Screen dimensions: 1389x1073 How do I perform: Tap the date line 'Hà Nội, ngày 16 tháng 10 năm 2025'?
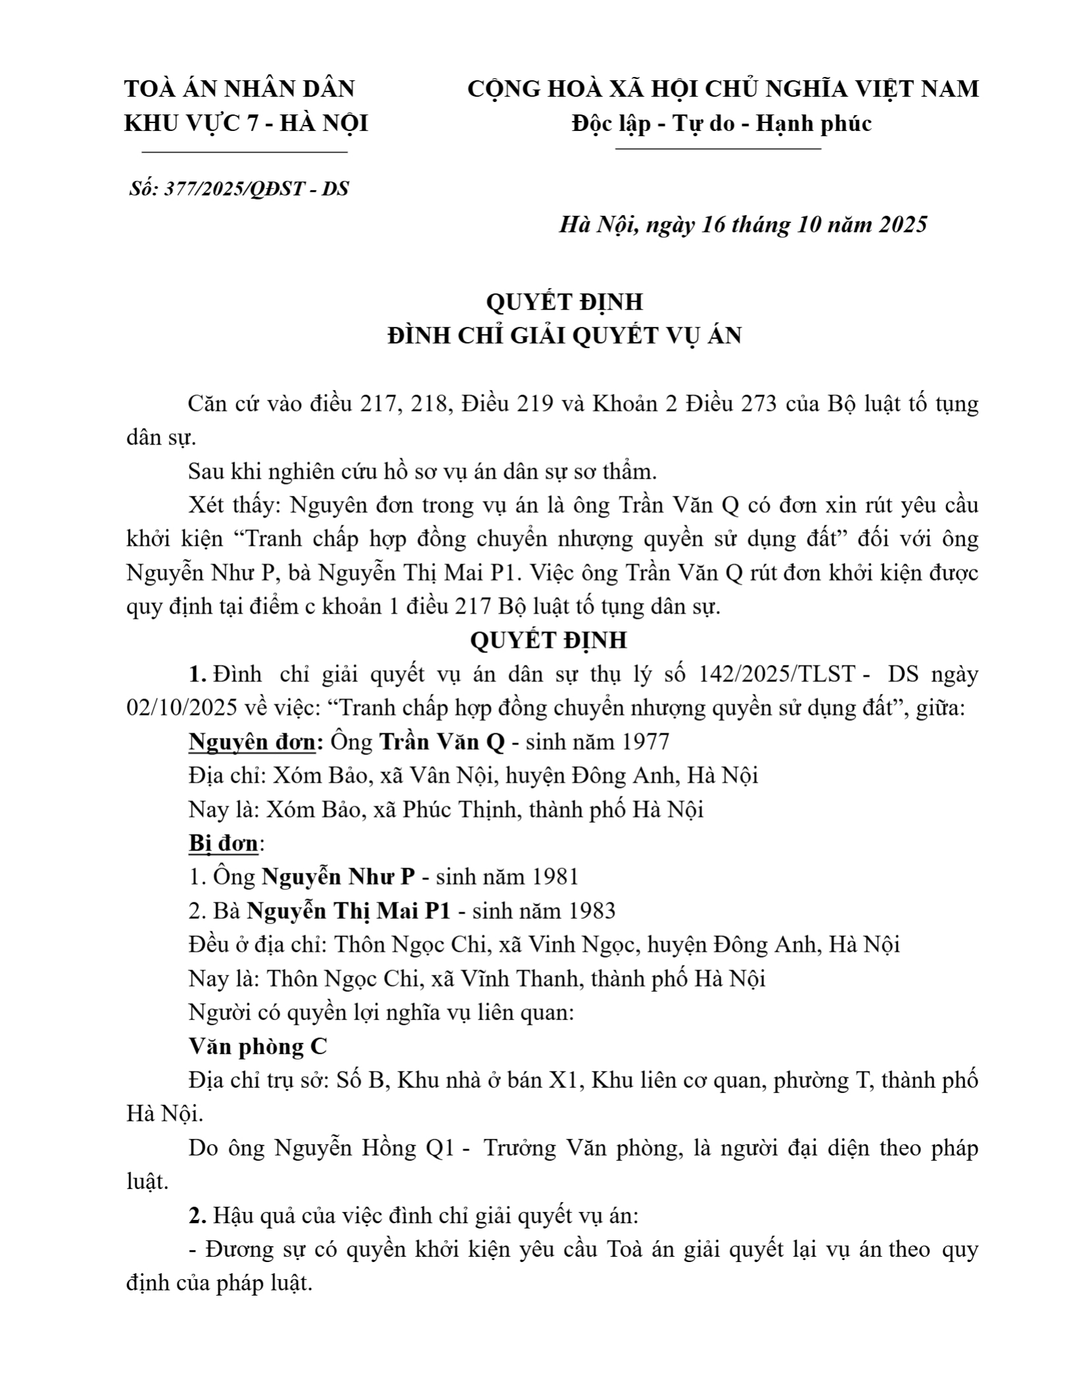(743, 224)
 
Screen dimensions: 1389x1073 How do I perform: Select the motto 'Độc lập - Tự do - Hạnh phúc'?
(721, 123)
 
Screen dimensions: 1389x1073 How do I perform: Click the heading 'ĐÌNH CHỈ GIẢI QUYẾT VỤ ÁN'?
(564, 335)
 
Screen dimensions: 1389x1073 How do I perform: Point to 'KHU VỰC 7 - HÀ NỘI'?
(246, 123)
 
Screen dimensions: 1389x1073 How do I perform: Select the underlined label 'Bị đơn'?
(223, 843)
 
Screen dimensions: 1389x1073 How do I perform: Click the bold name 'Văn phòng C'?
(258, 1046)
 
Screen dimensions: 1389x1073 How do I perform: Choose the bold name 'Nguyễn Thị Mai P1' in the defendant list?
(348, 911)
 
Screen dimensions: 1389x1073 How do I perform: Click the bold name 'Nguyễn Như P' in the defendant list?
(339, 877)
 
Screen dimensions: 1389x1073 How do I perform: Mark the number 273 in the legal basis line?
(763, 403)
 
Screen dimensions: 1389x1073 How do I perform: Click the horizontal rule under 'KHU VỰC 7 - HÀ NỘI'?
(245, 153)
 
